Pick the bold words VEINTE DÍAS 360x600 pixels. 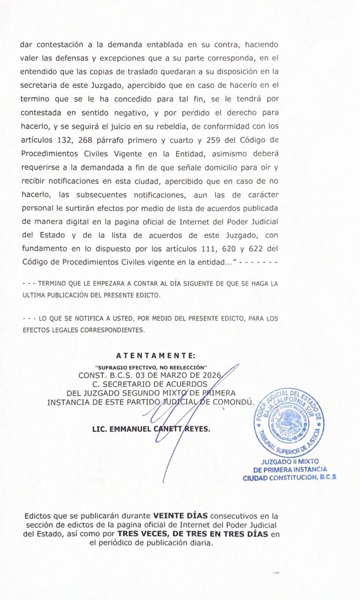(180, 516)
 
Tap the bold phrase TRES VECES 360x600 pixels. (145, 534)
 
